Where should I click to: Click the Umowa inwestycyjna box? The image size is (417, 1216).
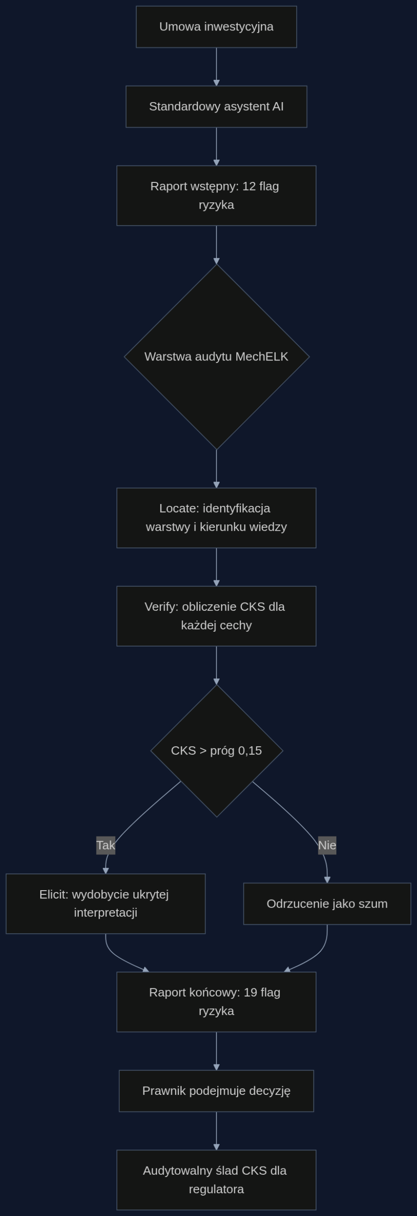[216, 27]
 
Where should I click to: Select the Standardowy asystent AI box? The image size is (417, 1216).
[216, 106]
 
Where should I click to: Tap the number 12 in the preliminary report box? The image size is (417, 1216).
[249, 186]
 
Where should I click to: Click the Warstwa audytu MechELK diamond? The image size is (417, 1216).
[216, 357]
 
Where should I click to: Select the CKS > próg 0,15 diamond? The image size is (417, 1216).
[216, 750]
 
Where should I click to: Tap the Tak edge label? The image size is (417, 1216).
[106, 845]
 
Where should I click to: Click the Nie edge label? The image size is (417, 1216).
[327, 845]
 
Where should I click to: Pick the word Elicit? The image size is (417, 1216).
[54, 894]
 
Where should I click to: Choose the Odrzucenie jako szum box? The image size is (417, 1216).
[327, 904]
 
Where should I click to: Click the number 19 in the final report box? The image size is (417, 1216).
[250, 992]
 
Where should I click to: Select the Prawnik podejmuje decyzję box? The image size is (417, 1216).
[216, 1091]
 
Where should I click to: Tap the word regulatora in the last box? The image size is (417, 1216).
[216, 1189]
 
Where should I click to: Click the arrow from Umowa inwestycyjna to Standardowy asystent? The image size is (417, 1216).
[216, 66]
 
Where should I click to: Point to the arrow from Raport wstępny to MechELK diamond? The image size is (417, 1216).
[216, 245]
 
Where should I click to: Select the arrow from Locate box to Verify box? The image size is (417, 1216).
[216, 567]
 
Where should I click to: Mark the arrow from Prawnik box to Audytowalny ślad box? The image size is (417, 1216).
[216, 1130]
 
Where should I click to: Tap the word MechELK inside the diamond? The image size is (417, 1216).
[262, 357]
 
